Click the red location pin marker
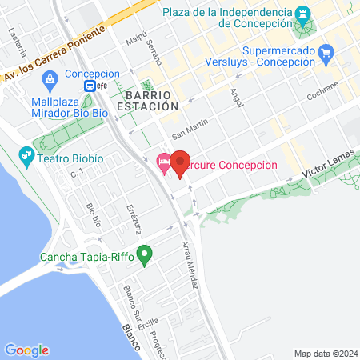pyautogui.click(x=180, y=163)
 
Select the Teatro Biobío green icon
pyautogui.click(x=27, y=154)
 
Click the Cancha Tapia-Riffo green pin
pyautogui.click(x=145, y=257)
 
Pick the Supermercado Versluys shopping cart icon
pyautogui.click(x=326, y=54)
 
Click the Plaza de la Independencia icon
pyautogui.click(x=305, y=14)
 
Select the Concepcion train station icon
pyautogui.click(x=94, y=86)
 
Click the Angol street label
pyautogui.click(x=235, y=97)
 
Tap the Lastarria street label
pyautogui.click(x=13, y=38)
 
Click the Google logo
pyautogui.click(x=26, y=350)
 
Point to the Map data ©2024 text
pyautogui.click(x=324, y=354)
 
